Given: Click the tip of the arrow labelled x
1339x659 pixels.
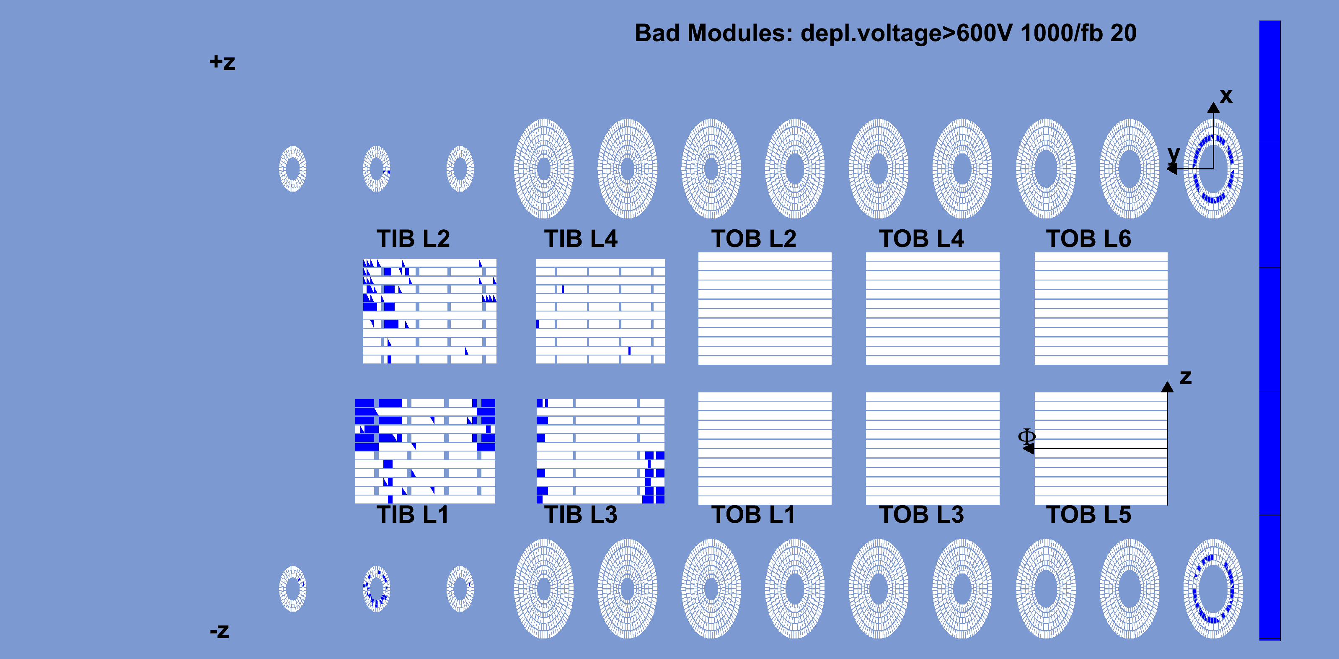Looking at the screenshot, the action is tap(1213, 102).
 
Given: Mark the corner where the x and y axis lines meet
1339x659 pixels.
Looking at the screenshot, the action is tap(1213, 169).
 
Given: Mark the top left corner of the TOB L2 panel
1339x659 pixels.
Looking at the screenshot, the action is tap(698, 253).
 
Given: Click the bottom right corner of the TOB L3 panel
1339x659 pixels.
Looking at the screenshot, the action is tap(999, 504).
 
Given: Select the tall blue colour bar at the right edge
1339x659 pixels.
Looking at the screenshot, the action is tap(1270, 330).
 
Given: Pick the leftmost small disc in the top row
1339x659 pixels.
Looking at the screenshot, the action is tap(293, 169).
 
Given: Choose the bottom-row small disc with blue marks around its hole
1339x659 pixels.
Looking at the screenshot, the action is tap(376, 589).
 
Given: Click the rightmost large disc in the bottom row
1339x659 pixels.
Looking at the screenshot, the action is tap(1213, 589).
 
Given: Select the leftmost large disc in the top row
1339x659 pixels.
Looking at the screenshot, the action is tap(544, 169).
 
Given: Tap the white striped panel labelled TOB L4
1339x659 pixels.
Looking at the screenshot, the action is tap(933, 309).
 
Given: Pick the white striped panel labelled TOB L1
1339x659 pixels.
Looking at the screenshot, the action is tap(765, 449).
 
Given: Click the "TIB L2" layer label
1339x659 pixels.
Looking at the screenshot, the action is tap(413, 239).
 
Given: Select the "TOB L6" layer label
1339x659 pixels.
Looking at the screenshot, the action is tap(1088, 239).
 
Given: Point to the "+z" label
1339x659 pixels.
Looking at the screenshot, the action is tap(222, 62).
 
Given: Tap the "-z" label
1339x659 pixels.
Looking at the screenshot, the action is tap(220, 631).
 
